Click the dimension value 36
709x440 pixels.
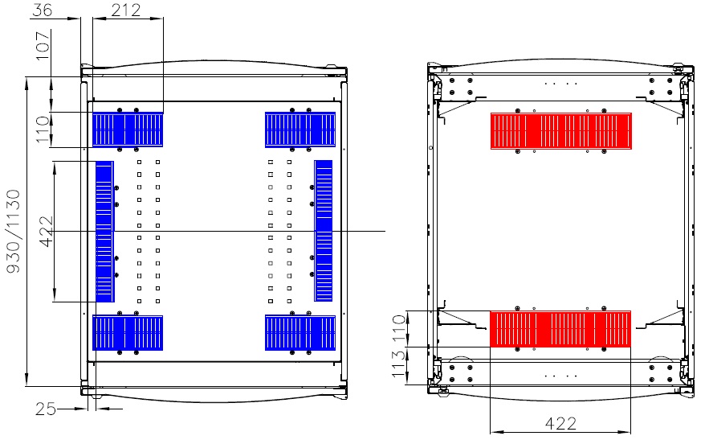point(43,10)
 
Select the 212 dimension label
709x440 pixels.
point(126,10)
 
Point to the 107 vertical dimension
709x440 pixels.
point(43,46)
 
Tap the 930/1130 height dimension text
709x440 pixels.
point(14,231)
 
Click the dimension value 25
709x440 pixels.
point(46,409)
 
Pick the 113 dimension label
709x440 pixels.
point(398,364)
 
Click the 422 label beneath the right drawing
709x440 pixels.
point(560,424)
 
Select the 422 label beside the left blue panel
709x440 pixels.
point(47,232)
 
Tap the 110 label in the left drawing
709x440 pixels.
point(43,130)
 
